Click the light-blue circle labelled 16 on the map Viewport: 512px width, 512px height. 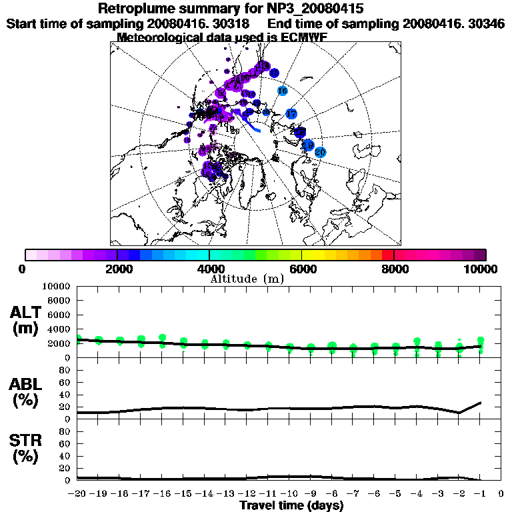282,91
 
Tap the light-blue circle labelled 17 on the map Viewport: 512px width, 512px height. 291,114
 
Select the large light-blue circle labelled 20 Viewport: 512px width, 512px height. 320,153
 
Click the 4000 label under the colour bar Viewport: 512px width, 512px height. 209,269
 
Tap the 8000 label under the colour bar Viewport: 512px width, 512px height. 394,269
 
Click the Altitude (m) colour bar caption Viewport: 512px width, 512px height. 247,279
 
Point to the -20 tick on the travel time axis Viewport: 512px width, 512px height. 78,494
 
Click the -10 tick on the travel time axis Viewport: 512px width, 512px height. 290,494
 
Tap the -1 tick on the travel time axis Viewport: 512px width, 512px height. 480,494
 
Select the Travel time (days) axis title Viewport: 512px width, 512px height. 291,505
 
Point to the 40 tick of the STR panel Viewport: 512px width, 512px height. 66,456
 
